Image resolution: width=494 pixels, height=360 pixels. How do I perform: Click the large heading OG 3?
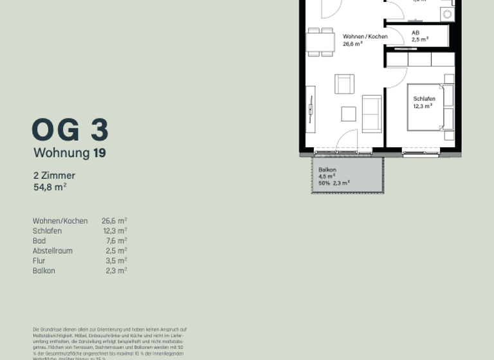(70, 130)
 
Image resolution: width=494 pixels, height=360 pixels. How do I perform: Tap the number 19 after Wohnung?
(99, 153)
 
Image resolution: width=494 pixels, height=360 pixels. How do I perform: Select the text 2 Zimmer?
(54, 175)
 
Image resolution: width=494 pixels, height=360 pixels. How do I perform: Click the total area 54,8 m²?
(50, 187)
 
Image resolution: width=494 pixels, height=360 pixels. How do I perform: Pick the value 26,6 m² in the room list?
(114, 221)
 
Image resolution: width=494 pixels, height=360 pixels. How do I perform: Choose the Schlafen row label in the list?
(47, 231)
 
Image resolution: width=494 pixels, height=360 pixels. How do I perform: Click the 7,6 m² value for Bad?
(116, 241)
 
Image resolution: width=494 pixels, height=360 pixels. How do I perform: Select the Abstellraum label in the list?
(52, 251)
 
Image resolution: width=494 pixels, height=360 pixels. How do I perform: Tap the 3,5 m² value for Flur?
(116, 261)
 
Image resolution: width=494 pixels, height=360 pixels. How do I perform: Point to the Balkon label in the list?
(44, 271)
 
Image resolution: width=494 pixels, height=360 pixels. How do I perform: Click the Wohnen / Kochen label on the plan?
(365, 37)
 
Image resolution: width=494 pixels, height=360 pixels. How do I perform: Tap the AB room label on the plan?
(416, 32)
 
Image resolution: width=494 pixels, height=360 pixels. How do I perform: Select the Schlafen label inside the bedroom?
(424, 99)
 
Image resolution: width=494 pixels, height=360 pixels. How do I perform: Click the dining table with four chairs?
(320, 42)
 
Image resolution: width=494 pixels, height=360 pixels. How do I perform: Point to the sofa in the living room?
(372, 113)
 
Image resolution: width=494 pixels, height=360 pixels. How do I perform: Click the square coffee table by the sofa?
(348, 114)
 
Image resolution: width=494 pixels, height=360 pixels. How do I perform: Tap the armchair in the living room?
(344, 84)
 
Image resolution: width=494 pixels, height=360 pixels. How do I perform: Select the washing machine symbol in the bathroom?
(446, 14)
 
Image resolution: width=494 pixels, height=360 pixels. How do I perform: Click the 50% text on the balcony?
(324, 183)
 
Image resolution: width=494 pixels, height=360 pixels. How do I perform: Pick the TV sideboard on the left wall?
(311, 109)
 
